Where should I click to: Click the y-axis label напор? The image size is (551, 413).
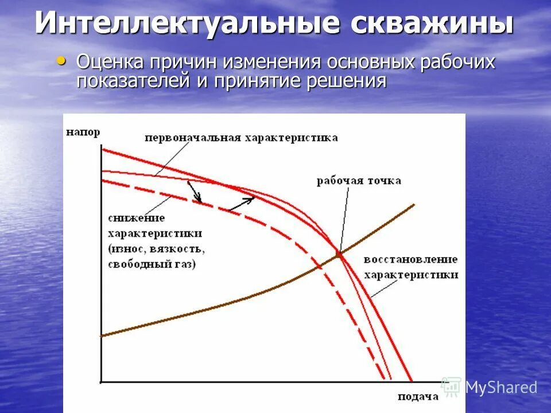(x=83, y=132)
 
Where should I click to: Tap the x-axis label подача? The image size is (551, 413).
(x=418, y=396)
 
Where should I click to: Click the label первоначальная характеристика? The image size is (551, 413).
(x=241, y=138)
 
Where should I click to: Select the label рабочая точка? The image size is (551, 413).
(x=359, y=181)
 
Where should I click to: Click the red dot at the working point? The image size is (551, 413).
(x=339, y=254)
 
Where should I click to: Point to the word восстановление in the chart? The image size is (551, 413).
(x=410, y=259)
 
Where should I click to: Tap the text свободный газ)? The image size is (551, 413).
(x=152, y=264)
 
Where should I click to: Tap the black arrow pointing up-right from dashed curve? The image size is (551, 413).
(x=242, y=204)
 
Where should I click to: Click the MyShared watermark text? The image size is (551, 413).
(x=500, y=387)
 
